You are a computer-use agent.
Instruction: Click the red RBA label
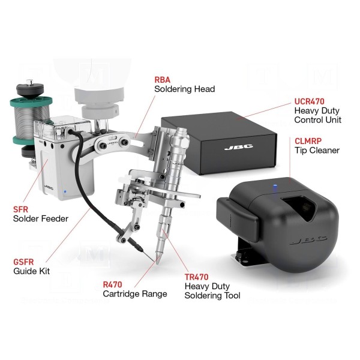point(163,80)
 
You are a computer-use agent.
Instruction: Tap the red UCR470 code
point(309,101)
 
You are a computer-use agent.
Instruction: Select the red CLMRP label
point(308,141)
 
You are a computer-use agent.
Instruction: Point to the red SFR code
point(20,209)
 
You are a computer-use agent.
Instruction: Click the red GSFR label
point(23,262)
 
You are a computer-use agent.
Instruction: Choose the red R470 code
point(112,284)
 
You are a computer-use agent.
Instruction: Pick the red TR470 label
point(197,277)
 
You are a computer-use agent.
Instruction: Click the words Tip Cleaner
point(317,151)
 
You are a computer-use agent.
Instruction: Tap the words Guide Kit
point(31,271)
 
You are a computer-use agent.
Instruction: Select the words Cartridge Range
point(135,294)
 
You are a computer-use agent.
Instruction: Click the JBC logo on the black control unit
point(239,147)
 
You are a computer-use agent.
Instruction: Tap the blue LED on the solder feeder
point(65,191)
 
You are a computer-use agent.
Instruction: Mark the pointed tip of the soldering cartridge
point(158,263)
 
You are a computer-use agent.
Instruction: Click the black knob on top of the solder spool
point(29,89)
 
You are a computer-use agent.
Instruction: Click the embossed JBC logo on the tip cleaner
point(308,241)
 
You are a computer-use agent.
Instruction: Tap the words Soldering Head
point(185,89)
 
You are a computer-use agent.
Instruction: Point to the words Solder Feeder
point(41,218)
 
